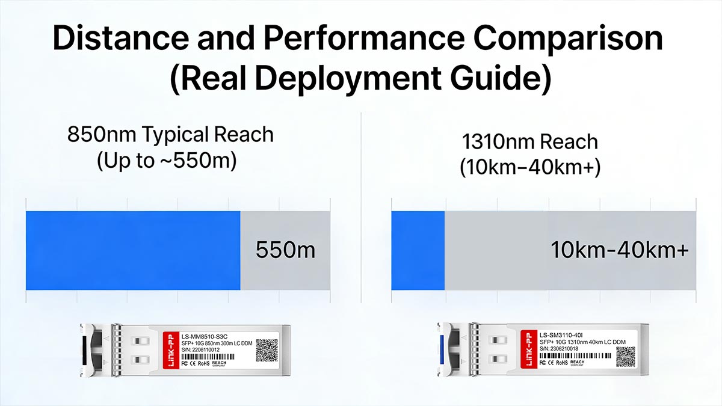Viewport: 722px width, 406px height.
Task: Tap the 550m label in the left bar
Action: pyautogui.click(x=285, y=250)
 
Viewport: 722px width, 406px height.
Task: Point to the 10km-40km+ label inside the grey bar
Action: pyautogui.click(x=619, y=250)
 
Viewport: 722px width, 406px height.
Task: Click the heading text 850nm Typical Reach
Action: pyautogui.click(x=170, y=134)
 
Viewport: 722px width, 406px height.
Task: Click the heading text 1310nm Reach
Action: pyautogui.click(x=529, y=142)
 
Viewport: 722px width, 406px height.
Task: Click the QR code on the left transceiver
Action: pyautogui.click(x=267, y=350)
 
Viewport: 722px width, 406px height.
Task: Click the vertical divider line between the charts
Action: pyautogui.click(x=360, y=211)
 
